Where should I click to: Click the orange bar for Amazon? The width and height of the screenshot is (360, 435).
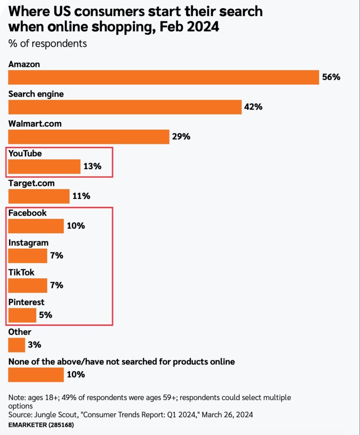pos(163,77)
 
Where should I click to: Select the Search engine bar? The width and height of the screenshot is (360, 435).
pos(125,107)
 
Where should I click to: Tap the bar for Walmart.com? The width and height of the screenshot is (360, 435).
pos(89,137)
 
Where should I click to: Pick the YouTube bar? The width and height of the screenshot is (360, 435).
pos(44,167)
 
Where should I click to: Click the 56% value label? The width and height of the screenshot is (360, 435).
pos(331,77)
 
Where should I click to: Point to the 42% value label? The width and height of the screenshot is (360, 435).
pos(253,107)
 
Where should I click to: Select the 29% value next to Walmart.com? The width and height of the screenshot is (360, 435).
pos(181,137)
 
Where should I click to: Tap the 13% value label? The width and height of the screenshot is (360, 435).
pos(92,167)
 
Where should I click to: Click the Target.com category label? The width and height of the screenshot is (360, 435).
pos(31,184)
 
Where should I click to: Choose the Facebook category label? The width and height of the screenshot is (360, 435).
pos(27,213)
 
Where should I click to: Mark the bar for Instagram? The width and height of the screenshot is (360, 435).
pos(28,256)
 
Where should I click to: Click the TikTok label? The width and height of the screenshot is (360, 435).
pos(21,273)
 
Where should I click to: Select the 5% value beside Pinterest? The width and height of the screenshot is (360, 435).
pos(45,315)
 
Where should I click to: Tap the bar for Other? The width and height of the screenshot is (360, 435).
pos(17,345)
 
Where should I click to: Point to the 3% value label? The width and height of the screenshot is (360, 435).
pos(34,345)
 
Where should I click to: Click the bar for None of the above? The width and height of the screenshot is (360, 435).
pos(36,375)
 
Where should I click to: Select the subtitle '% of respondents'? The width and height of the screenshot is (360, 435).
pos(47,43)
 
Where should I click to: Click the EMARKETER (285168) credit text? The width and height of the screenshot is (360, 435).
pos(37,424)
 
